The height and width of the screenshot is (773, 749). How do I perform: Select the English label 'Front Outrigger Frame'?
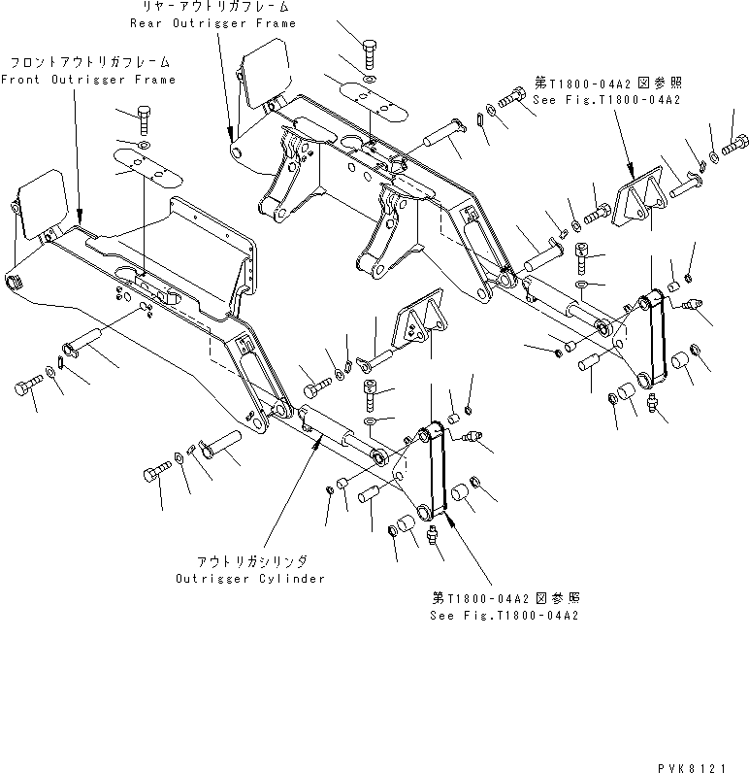pos(88,80)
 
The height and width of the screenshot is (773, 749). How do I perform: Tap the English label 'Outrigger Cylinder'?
pos(250,578)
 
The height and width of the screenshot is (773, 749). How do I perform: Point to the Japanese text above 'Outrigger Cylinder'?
pos(250,562)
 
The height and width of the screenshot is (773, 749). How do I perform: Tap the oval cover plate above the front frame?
pos(147,168)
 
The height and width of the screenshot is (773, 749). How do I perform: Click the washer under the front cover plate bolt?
pos(144,146)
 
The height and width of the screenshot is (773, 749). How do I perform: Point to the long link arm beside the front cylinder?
pos(433,469)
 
